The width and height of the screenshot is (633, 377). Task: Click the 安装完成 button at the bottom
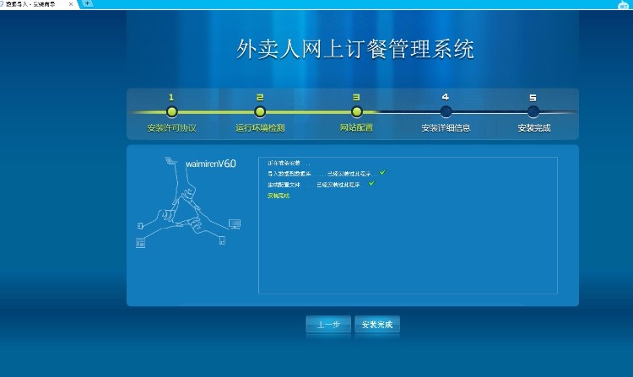[x=376, y=325]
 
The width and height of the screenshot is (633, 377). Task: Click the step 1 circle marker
[x=171, y=111]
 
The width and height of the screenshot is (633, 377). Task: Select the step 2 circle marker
[x=260, y=111]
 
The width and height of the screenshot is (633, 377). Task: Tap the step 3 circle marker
[x=357, y=111]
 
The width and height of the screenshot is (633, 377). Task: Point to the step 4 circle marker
[x=446, y=111]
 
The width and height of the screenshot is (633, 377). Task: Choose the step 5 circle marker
[x=533, y=111]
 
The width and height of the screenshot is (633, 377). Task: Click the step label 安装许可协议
[x=171, y=128]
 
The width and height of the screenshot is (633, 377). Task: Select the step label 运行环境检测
[x=260, y=128]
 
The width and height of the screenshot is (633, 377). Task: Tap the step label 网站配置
[x=356, y=128]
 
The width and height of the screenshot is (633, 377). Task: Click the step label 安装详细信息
[x=446, y=128]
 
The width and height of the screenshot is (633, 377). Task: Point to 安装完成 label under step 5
[x=534, y=128]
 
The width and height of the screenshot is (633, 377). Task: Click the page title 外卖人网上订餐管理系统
[x=355, y=49]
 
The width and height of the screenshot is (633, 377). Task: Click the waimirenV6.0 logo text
[x=210, y=164]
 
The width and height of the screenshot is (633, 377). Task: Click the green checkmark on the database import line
[x=382, y=173]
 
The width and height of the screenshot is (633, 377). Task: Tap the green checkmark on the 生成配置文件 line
[x=371, y=184]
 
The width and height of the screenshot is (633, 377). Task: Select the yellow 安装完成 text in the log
[x=278, y=195]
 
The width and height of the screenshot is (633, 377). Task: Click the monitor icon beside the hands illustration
[x=235, y=224]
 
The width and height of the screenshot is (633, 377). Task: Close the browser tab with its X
[x=71, y=4]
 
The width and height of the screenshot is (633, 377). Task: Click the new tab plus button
[x=87, y=4]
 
